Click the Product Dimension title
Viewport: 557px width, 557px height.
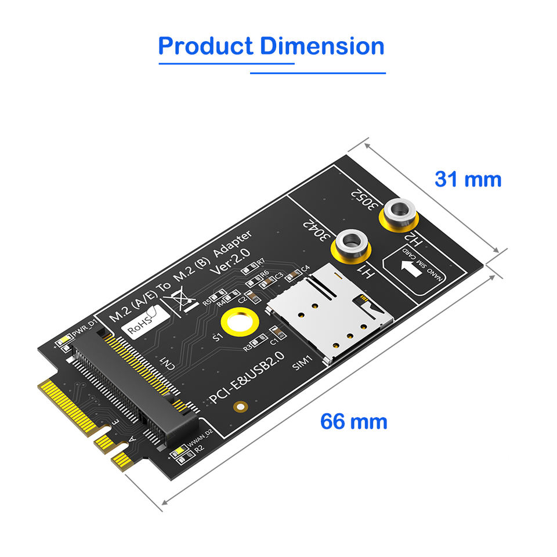pyautogui.click(x=271, y=46)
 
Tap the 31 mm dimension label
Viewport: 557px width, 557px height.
pyautogui.click(x=468, y=179)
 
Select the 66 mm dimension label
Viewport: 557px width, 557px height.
pyautogui.click(x=353, y=421)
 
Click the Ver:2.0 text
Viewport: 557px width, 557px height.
pyautogui.click(x=232, y=263)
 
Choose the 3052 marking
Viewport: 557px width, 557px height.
pyautogui.click(x=365, y=200)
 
